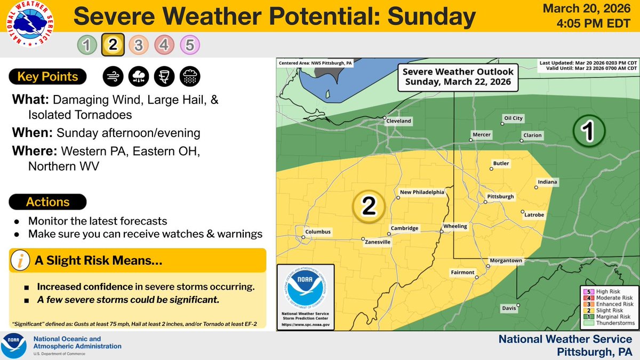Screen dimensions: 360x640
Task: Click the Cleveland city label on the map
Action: (399, 121)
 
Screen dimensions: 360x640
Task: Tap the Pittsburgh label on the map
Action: (501, 197)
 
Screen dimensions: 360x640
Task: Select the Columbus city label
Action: (318, 232)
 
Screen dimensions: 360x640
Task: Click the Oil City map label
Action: (513, 118)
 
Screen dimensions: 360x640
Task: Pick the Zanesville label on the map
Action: (378, 242)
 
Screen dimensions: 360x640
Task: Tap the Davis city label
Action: (509, 309)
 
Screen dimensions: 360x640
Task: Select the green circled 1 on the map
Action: (589, 130)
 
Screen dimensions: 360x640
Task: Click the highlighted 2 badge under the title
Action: (112, 45)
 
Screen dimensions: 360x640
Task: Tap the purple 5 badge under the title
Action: (190, 45)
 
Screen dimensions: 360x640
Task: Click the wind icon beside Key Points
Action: (113, 77)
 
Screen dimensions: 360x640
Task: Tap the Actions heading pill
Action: (48, 202)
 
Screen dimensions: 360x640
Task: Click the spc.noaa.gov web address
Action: (306, 324)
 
